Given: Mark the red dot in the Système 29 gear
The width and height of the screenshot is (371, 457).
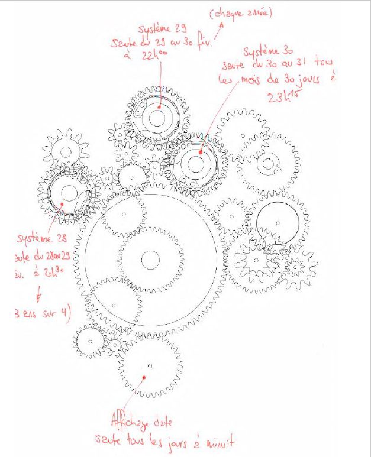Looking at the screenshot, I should [159, 108].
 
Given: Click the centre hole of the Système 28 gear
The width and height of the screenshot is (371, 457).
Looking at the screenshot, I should [69, 192].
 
